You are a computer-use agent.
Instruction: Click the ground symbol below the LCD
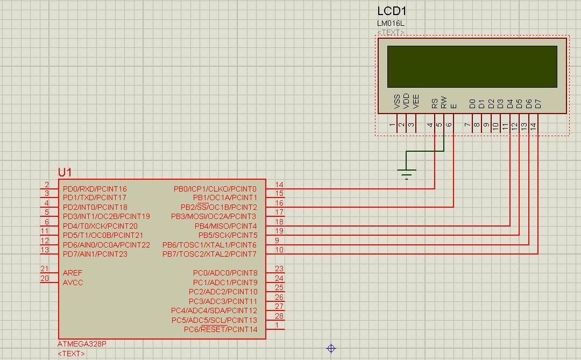(x=407, y=174)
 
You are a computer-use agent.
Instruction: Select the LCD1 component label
(x=392, y=11)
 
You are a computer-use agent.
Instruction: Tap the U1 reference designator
(x=65, y=172)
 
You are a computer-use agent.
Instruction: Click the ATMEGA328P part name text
(x=82, y=344)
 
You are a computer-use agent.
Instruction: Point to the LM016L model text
(x=391, y=23)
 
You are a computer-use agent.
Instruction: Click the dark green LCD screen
(x=472, y=67)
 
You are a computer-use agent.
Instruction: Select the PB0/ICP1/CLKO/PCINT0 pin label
(x=215, y=189)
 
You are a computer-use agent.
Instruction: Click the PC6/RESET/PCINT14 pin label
(x=221, y=329)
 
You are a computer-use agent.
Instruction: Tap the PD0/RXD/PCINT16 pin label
(x=95, y=189)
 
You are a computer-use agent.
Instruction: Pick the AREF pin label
(x=73, y=273)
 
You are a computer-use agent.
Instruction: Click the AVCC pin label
(x=73, y=283)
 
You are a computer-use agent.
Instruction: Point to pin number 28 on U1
(x=279, y=316)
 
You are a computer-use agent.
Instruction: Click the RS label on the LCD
(x=435, y=103)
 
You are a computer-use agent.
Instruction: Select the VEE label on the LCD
(x=416, y=102)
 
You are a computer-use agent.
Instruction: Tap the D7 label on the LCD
(x=538, y=104)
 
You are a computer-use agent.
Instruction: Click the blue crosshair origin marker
(x=331, y=349)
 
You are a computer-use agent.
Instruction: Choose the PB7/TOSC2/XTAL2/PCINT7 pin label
(x=209, y=255)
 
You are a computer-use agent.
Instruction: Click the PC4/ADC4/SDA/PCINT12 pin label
(x=214, y=310)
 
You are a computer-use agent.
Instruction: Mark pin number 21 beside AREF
(x=45, y=269)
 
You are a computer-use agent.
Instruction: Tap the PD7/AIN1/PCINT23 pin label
(x=95, y=255)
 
